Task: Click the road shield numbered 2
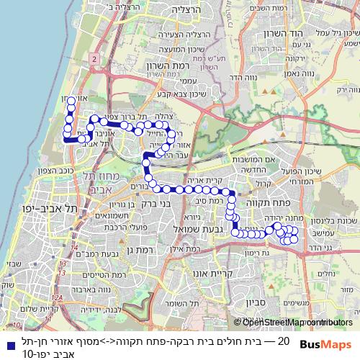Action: [94, 55]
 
